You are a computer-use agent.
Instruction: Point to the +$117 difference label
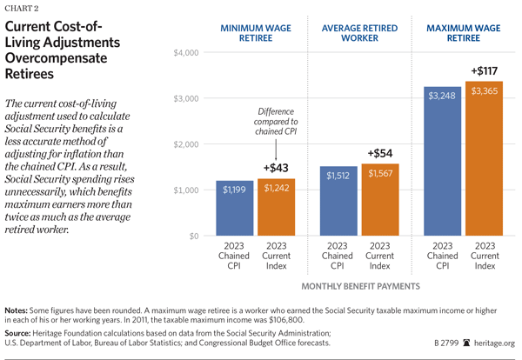(485, 70)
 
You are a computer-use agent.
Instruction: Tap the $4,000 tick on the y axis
(187, 53)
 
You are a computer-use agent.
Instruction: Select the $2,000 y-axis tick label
(187, 144)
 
